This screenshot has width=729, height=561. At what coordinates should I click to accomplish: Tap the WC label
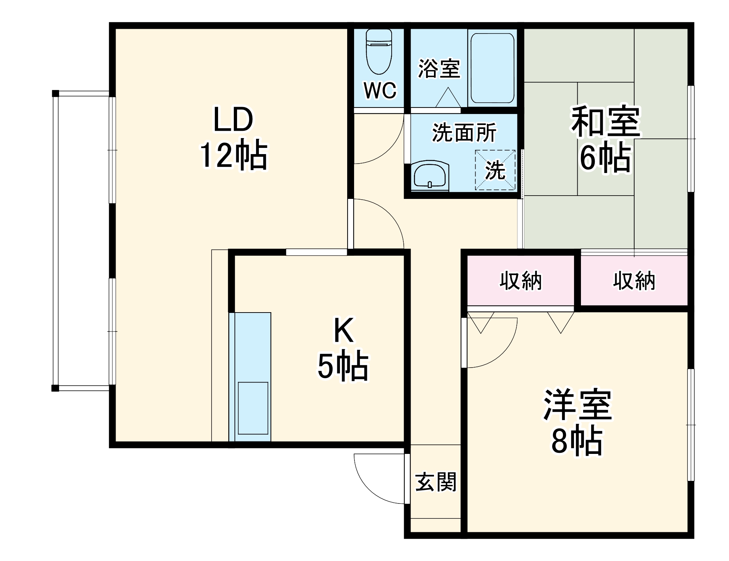click(380, 90)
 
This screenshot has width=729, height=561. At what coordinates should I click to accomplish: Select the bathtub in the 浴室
click(492, 68)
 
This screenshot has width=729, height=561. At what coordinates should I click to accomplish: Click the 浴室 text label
click(439, 68)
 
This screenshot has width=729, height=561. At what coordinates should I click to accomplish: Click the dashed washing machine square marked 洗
click(495, 170)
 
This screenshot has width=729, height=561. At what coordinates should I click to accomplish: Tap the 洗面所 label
click(464, 133)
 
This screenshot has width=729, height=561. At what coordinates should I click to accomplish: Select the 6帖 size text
click(606, 158)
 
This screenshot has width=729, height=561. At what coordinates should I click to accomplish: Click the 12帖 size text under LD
click(234, 156)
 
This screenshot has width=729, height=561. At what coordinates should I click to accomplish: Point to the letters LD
click(233, 119)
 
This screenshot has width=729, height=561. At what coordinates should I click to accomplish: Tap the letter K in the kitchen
click(344, 330)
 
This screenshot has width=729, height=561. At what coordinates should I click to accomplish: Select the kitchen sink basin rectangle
click(253, 408)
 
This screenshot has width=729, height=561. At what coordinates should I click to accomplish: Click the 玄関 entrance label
click(436, 482)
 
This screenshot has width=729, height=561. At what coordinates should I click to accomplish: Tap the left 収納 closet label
click(520, 281)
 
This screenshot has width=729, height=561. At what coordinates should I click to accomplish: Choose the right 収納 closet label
click(634, 281)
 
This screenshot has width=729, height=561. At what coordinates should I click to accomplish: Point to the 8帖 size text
click(577, 441)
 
